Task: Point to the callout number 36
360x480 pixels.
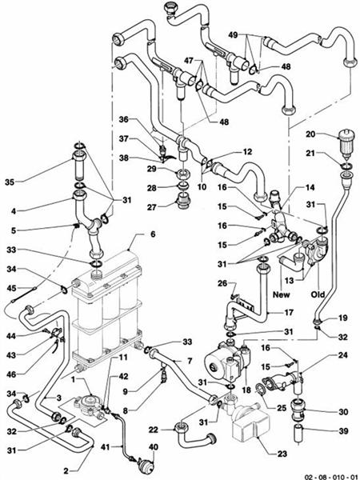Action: pos(146,119)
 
